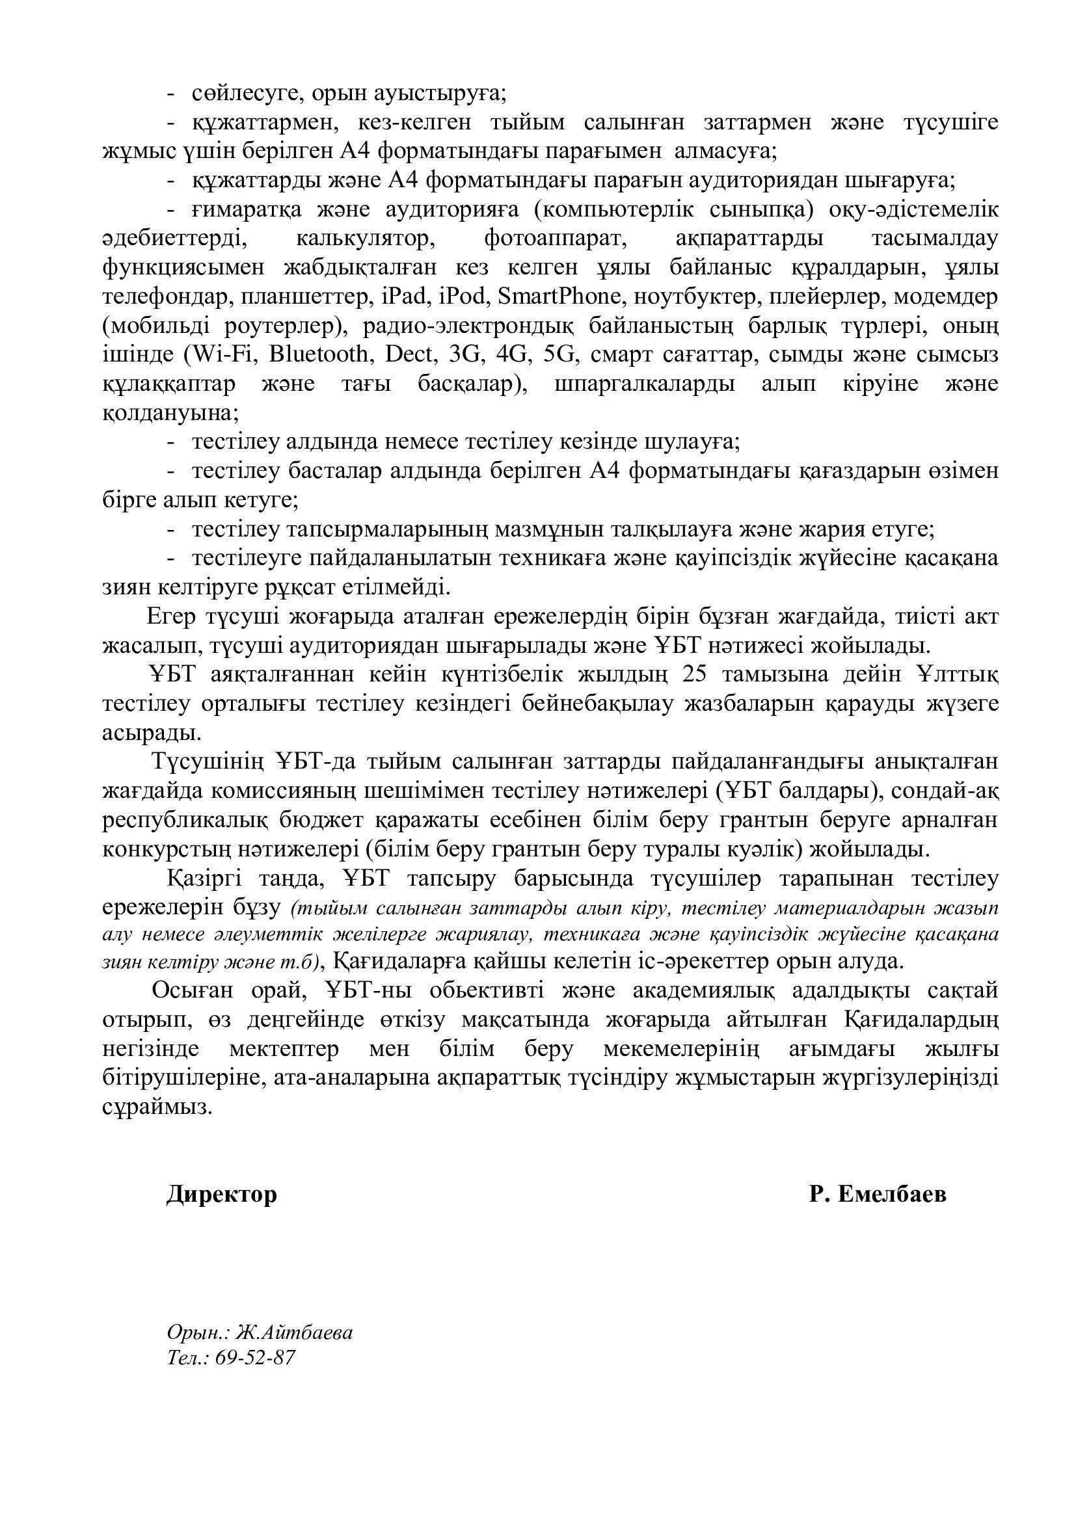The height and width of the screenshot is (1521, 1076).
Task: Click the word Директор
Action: click(221, 1195)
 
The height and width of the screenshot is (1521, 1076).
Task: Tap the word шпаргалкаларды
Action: click(643, 384)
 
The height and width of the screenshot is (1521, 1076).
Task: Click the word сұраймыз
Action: click(158, 1107)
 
